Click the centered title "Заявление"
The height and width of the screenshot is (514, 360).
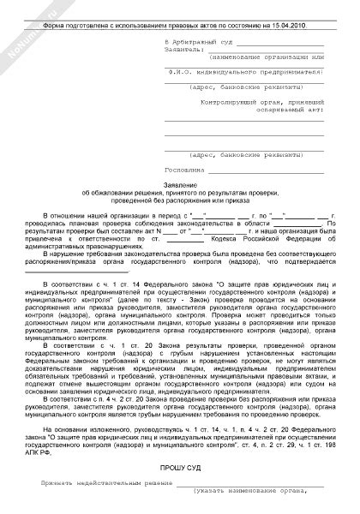[180, 185]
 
